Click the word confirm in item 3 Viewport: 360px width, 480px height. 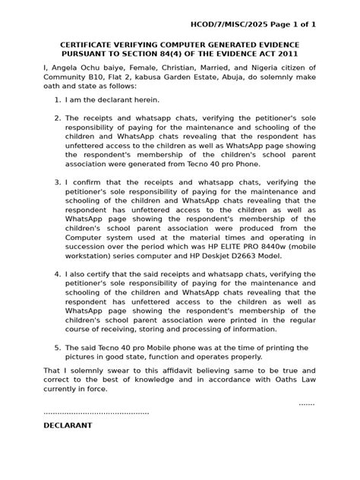91,182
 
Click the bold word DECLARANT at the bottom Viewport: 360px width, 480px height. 68,425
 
